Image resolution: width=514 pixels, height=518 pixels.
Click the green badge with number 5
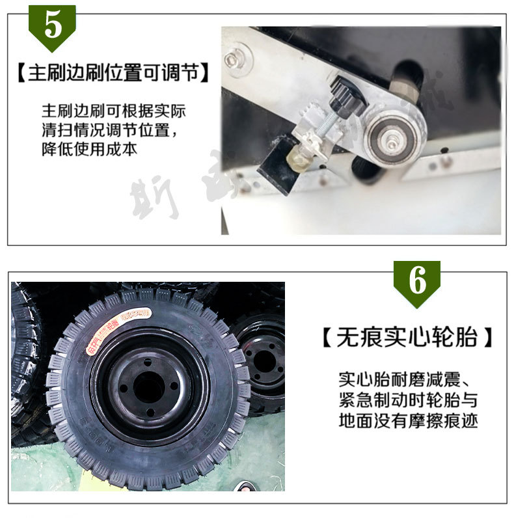pyautogui.click(x=52, y=26)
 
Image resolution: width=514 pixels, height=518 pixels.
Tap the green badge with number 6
pyautogui.click(x=417, y=282)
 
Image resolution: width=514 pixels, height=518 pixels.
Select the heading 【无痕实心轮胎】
pyautogui.click(x=407, y=338)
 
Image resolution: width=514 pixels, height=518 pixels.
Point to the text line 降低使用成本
pyautogui.click(x=89, y=149)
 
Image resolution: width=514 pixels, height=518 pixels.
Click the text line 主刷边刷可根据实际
pyautogui.click(x=114, y=110)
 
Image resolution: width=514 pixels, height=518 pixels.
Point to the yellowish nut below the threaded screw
pyautogui.click(x=300, y=156)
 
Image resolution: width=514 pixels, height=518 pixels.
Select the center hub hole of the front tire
pyautogui.click(x=149, y=388)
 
